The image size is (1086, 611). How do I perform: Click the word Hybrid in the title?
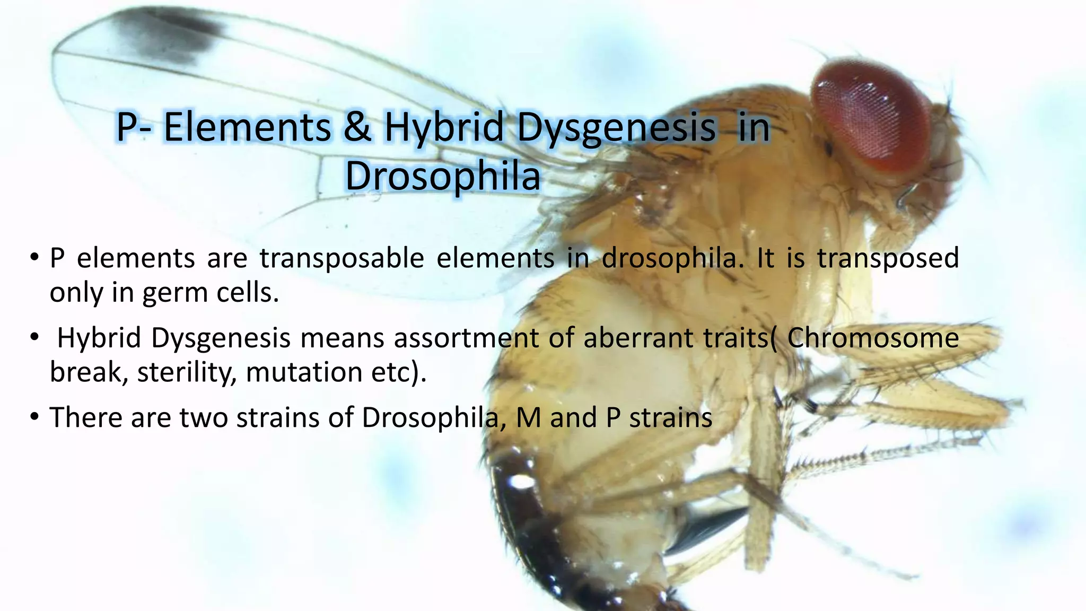coord(443,127)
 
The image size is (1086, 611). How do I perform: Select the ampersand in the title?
coord(357,127)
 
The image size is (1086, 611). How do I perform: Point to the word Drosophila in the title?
coord(443,176)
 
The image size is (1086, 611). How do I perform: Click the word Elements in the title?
coord(247,127)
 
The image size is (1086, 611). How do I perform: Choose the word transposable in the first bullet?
coord(341,258)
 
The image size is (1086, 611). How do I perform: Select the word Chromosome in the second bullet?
coord(873,338)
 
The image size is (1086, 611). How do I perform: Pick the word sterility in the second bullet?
coord(186,372)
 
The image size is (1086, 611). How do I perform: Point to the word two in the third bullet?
coord(204,417)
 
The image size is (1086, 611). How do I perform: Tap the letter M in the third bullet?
coord(528,417)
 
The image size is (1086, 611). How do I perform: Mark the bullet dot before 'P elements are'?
coord(34,258)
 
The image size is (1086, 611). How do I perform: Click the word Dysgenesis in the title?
coord(616,127)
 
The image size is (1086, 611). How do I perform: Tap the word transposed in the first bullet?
coord(888,258)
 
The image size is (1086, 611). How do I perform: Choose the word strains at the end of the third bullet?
coord(670,417)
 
